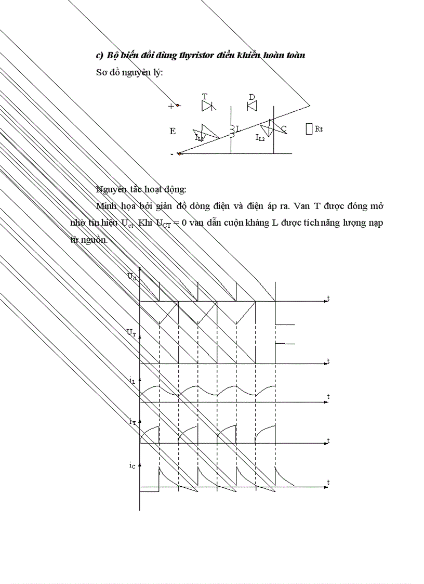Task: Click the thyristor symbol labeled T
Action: (x=208, y=106)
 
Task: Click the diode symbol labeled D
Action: (x=253, y=106)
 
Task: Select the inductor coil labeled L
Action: (x=233, y=132)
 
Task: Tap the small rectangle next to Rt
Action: (x=309, y=128)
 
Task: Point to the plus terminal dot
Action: (x=177, y=106)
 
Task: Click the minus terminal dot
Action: (x=179, y=153)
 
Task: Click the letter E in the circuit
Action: (x=173, y=132)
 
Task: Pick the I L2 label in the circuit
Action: (x=261, y=138)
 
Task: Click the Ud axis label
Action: (x=132, y=277)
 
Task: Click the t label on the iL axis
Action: (x=328, y=397)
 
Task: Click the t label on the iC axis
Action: (x=328, y=483)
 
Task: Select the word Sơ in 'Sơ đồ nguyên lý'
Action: (x=101, y=72)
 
